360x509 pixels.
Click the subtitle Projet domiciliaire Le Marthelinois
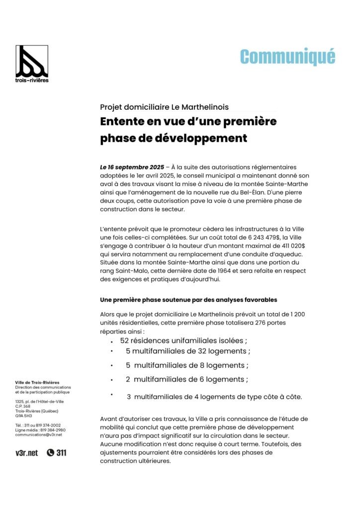tap(164, 107)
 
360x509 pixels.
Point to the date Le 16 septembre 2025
tap(132, 168)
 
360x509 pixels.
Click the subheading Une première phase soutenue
tap(188, 300)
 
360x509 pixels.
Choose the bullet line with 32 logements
tap(188, 351)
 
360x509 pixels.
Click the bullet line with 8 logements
tap(187, 365)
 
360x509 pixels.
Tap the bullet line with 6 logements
tap(187, 379)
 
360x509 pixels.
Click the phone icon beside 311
tap(51, 453)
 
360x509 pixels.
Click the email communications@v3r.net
tap(39, 434)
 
